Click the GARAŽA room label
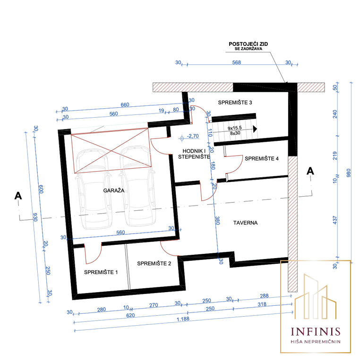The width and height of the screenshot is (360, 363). (x=113, y=190)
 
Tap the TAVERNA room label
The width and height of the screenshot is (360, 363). (x=245, y=223)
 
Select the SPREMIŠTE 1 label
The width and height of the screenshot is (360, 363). (x=101, y=272)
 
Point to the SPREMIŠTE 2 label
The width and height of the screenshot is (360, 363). (x=154, y=263)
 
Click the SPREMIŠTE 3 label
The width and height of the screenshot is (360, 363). (x=235, y=102)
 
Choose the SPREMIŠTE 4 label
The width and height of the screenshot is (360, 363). (x=262, y=159)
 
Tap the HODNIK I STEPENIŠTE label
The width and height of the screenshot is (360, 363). (x=194, y=154)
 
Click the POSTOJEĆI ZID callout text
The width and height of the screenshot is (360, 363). (x=248, y=44)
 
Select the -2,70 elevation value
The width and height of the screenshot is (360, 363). (x=193, y=136)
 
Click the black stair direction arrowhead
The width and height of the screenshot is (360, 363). (x=255, y=129)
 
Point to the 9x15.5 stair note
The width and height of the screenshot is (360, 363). (x=235, y=128)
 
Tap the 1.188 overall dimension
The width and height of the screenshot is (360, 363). (x=183, y=319)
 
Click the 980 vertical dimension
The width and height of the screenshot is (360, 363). (x=349, y=173)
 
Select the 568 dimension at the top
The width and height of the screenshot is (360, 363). (x=236, y=62)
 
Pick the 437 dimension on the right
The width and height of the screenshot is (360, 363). (x=335, y=220)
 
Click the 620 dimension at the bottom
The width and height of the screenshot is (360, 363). (x=130, y=315)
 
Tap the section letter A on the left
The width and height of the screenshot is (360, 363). (x=18, y=196)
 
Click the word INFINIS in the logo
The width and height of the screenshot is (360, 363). (x=316, y=331)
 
